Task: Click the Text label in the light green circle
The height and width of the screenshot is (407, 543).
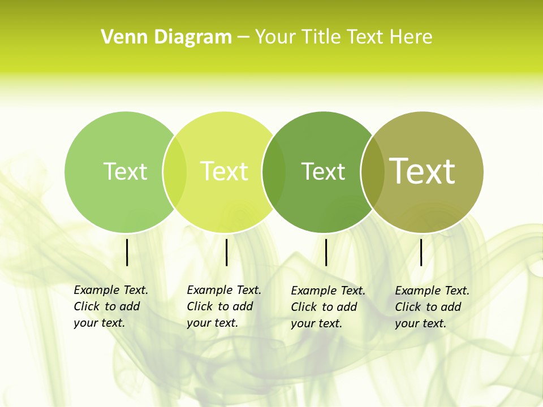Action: [125, 171]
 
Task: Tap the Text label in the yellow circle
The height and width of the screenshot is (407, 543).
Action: [224, 171]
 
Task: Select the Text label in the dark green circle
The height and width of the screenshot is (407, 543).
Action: [323, 171]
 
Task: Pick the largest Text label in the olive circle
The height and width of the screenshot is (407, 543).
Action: [423, 171]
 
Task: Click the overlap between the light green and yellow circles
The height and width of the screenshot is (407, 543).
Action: [175, 172]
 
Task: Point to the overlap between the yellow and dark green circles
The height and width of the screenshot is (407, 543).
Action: [274, 172]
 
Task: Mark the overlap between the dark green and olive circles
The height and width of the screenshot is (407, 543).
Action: [372, 172]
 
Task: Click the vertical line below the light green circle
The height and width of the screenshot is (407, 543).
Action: [127, 252]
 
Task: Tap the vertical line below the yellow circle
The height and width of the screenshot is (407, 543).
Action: [226, 252]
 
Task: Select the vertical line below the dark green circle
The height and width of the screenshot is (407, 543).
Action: [326, 252]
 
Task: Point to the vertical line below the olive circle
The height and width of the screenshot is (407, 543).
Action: [421, 252]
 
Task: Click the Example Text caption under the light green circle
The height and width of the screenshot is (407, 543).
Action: [111, 306]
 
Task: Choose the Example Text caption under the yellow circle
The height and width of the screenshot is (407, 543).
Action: [224, 306]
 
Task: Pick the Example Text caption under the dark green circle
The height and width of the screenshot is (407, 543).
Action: [328, 307]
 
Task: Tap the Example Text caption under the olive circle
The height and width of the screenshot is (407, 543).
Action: [432, 307]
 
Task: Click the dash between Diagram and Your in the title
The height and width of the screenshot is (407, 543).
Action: [243, 38]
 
